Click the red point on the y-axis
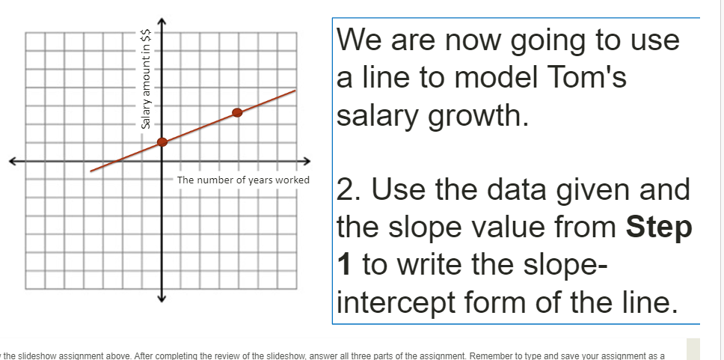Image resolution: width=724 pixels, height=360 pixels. click(x=162, y=142)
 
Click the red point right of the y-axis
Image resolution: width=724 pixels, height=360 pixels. click(x=237, y=112)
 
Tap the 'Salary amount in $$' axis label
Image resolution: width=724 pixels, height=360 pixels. click(x=147, y=79)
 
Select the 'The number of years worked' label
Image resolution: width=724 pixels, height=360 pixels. click(x=243, y=180)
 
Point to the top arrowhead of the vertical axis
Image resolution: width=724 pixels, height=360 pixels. click(x=162, y=20)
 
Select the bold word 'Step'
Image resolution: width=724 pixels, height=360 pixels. click(x=659, y=227)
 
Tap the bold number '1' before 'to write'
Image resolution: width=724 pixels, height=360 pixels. click(x=344, y=264)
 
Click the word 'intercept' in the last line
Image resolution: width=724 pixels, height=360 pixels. click(x=396, y=302)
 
